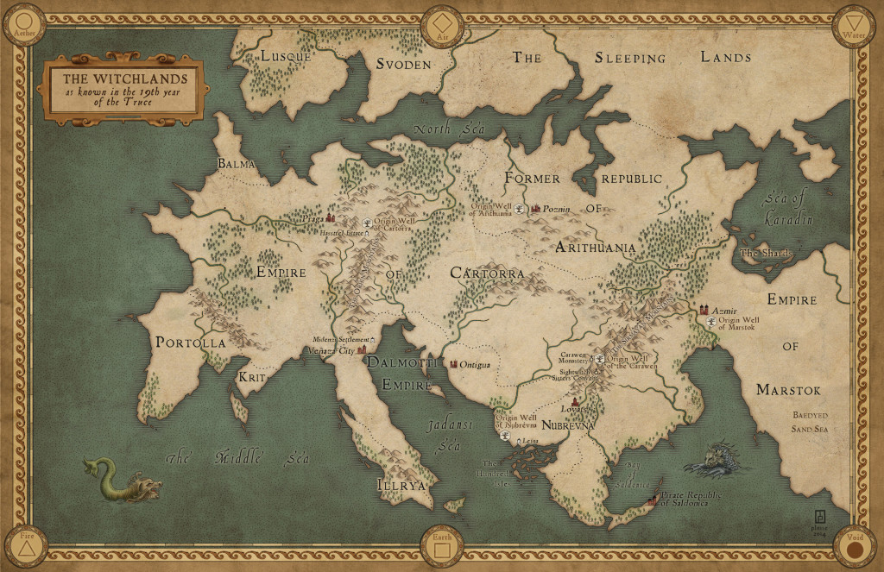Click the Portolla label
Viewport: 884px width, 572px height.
pos(190,343)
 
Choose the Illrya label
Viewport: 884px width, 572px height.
pos(401,485)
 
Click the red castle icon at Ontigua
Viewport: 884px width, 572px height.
pos(454,364)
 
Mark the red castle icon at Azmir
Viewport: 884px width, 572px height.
pos(704,309)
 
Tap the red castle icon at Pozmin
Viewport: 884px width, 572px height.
pos(535,209)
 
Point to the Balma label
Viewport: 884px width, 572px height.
pos(234,163)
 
